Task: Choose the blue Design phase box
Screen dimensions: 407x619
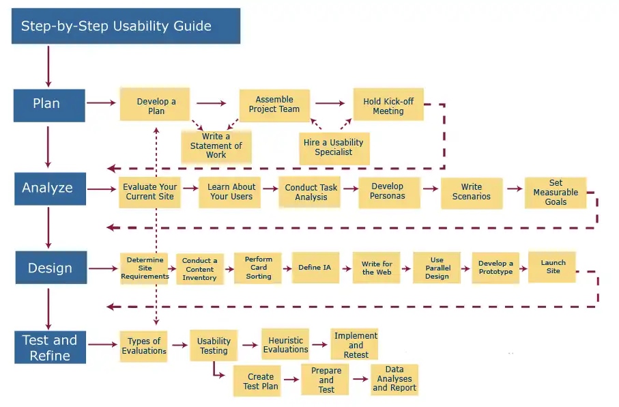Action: [51, 268]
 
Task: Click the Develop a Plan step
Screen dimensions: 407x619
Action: [156, 105]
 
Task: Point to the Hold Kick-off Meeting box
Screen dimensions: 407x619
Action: [388, 106]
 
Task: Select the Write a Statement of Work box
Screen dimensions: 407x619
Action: [216, 145]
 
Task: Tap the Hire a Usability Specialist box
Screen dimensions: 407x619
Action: [334, 147]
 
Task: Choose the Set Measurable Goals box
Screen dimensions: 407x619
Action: [555, 192]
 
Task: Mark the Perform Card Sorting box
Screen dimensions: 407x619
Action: [258, 268]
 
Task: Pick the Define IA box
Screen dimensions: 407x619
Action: [315, 268]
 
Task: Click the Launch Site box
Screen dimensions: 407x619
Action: [553, 267]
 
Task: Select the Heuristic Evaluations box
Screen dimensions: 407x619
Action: [285, 345]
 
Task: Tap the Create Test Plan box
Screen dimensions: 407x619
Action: [260, 381]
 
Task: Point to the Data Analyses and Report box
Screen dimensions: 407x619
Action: [394, 379]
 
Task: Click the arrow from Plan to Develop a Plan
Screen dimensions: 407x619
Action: [102, 103]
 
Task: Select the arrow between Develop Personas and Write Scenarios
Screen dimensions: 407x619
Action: [431, 188]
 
